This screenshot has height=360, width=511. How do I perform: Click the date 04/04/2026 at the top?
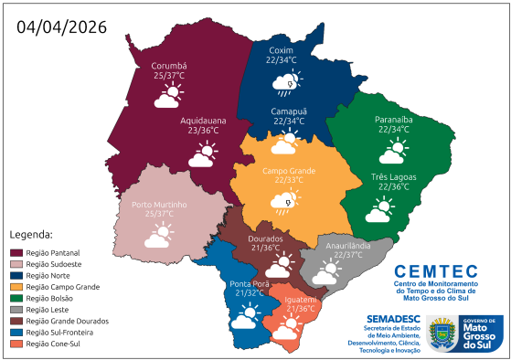pyautogui.click(x=62, y=26)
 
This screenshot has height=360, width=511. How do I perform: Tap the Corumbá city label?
pyautogui.click(x=169, y=66)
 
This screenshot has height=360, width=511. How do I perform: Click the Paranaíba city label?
pyautogui.click(x=393, y=120)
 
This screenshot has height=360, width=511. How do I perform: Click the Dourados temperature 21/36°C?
pyautogui.click(x=271, y=249)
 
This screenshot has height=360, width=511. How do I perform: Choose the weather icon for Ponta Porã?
pyautogui.click(x=244, y=318)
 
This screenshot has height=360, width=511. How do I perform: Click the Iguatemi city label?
pyautogui.click(x=301, y=300)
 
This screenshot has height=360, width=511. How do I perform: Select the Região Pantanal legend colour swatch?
pyautogui.click(x=16, y=252)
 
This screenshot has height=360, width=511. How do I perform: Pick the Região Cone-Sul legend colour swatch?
pyautogui.click(x=16, y=344)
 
